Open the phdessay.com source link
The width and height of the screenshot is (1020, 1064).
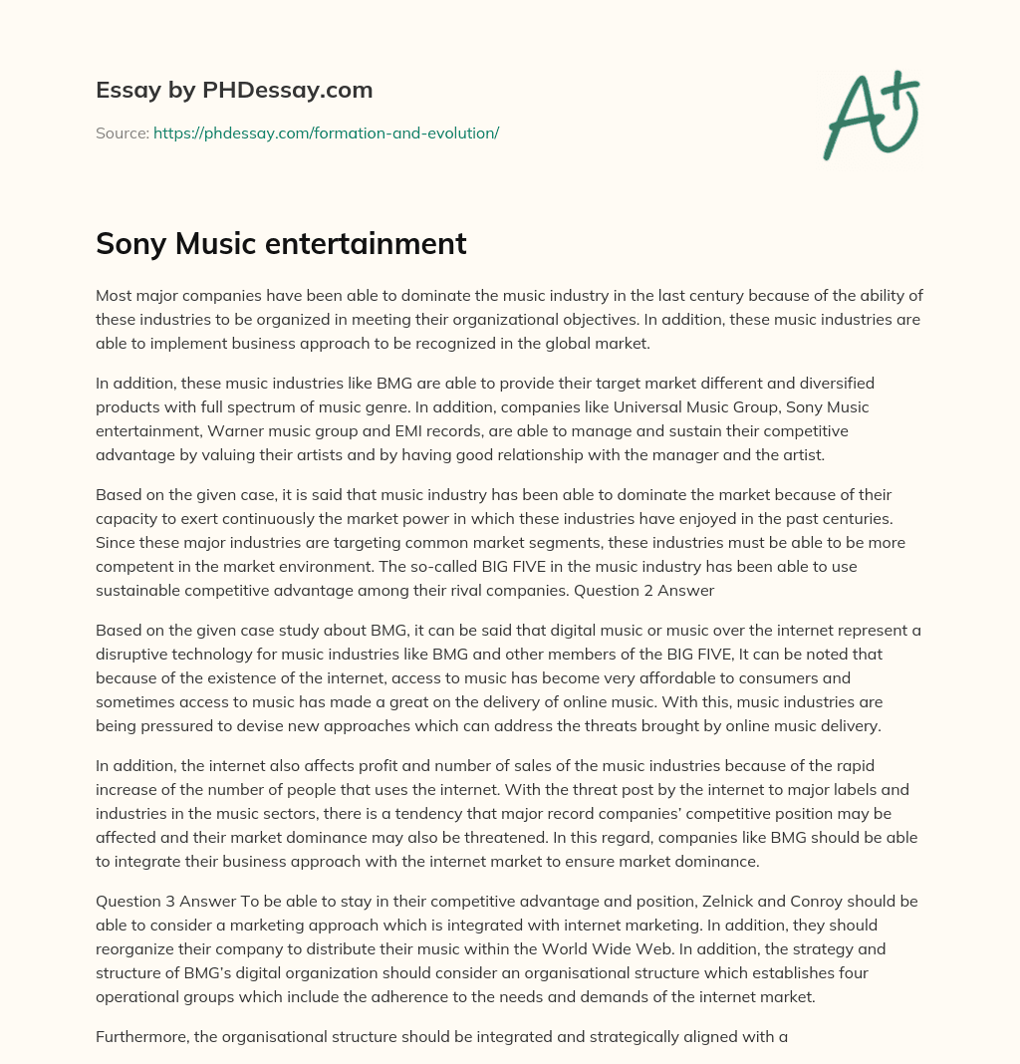coord(326,133)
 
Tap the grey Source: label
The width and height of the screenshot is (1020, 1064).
coord(122,133)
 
